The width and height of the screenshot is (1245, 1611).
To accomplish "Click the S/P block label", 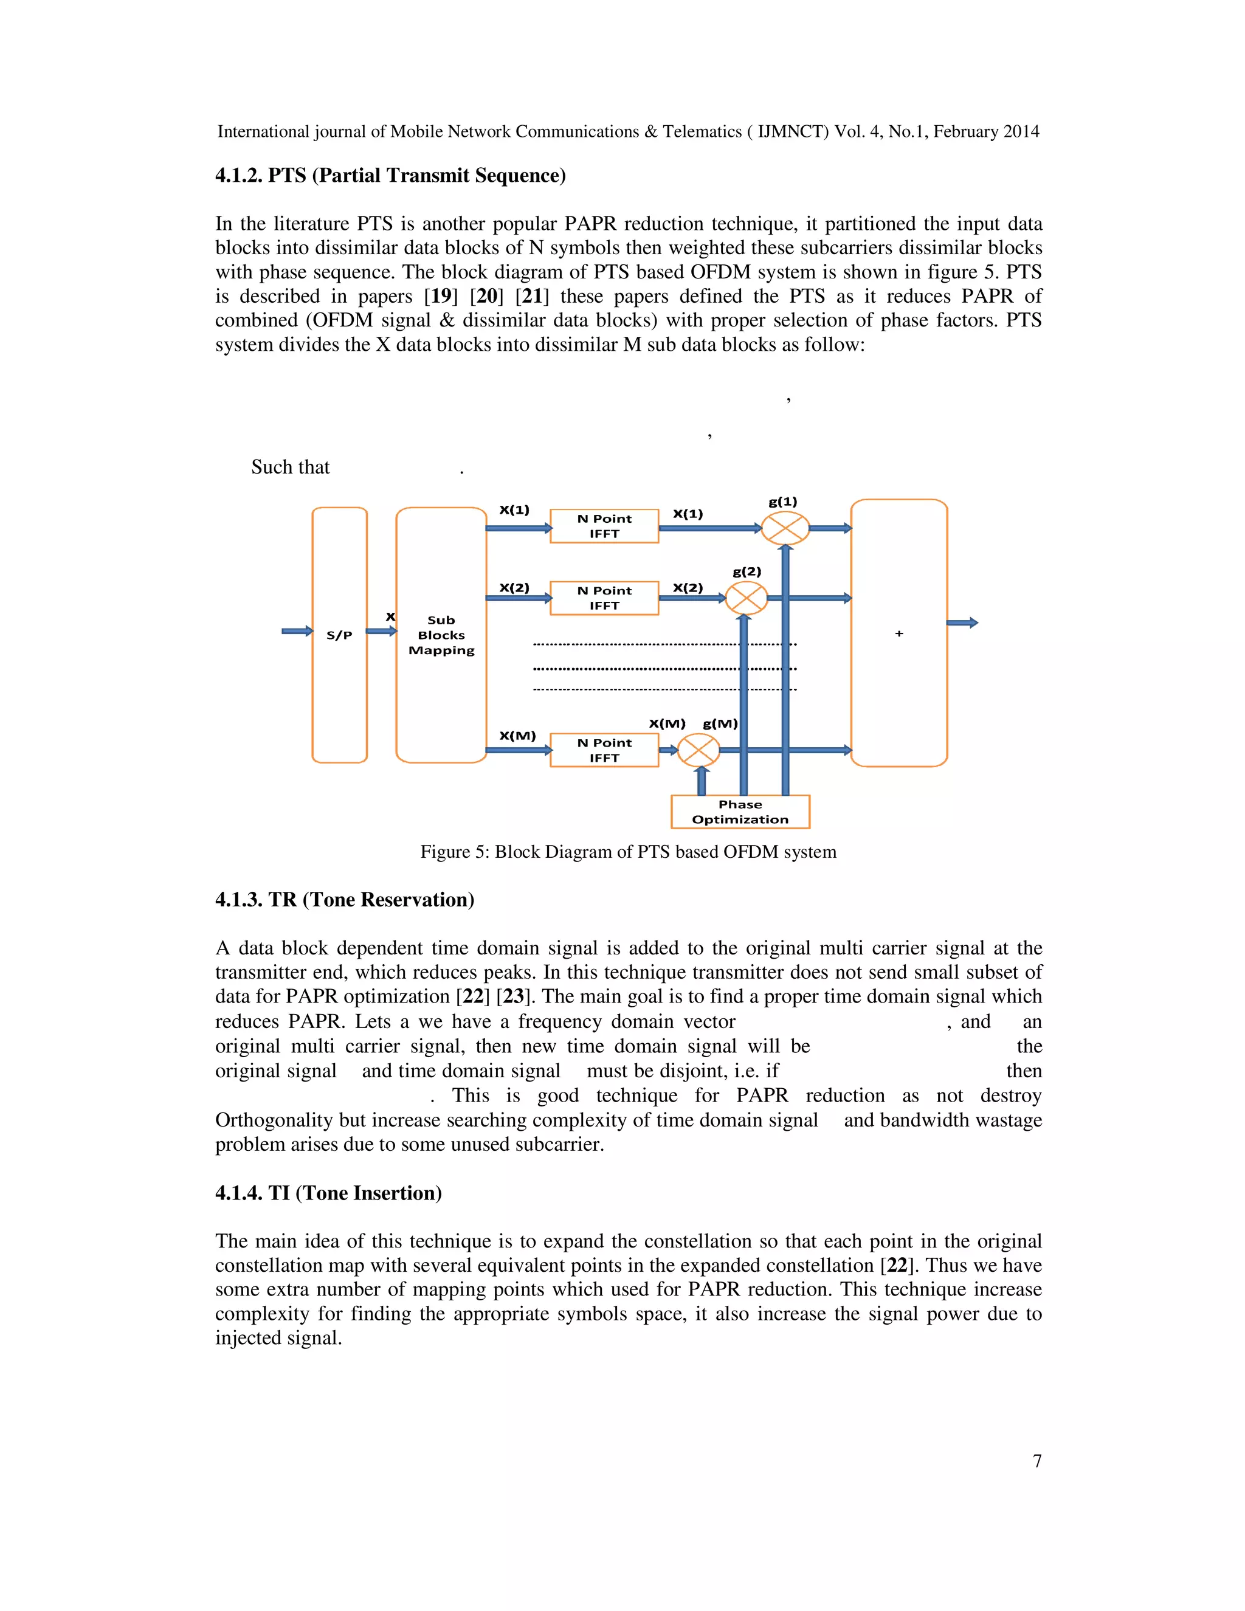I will pyautogui.click(x=339, y=635).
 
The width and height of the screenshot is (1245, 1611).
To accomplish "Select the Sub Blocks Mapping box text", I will pyautogui.click(x=441, y=635).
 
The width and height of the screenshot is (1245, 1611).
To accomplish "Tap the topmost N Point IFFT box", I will pyautogui.click(x=604, y=526).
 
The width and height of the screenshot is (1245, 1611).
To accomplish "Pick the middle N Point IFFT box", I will pyautogui.click(x=604, y=598).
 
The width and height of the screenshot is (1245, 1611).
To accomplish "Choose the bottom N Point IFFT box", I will pyautogui.click(x=604, y=750).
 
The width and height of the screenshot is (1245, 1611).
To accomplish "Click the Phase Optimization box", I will pyautogui.click(x=740, y=812).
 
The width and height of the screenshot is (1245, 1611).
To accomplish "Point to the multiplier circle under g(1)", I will pyautogui.click(x=785, y=528).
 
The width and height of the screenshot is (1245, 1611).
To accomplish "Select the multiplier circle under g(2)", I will pyautogui.click(x=747, y=598).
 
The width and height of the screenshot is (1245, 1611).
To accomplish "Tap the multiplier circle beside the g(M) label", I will pyautogui.click(x=698, y=751).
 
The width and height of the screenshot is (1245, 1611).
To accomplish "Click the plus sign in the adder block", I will pyautogui.click(x=899, y=633).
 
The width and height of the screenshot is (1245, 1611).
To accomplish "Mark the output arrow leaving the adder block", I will pyautogui.click(x=962, y=623).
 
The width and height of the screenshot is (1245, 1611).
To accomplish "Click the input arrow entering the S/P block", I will pyautogui.click(x=297, y=630).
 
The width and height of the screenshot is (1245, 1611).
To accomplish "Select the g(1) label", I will pyautogui.click(x=782, y=502).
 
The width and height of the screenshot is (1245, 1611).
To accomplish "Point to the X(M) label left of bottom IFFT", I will pyautogui.click(x=517, y=736).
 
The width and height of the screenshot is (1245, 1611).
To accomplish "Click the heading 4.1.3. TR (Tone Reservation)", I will pyautogui.click(x=345, y=900).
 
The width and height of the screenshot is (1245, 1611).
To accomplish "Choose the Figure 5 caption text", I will pyautogui.click(x=627, y=852).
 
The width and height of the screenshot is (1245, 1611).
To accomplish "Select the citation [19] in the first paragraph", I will pyautogui.click(x=440, y=297).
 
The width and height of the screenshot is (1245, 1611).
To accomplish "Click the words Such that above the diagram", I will pyautogui.click(x=290, y=467).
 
